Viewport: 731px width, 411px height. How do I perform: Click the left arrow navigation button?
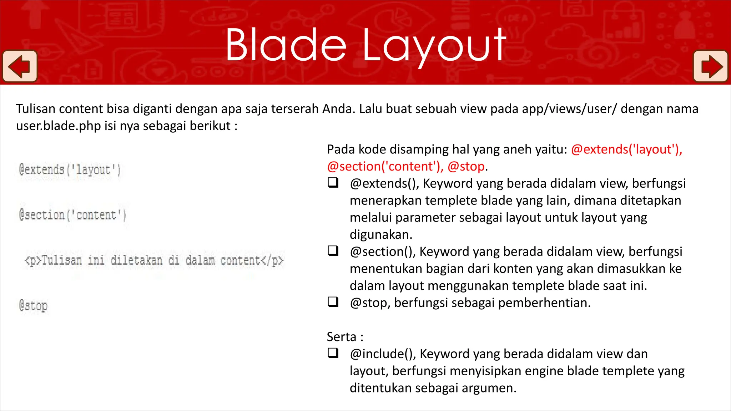(20, 66)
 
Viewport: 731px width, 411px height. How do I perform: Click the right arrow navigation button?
(710, 66)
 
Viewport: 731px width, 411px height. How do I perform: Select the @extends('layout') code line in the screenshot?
(70, 170)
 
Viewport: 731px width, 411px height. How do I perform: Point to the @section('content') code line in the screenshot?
(73, 215)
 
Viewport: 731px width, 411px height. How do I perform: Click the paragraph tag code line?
(154, 260)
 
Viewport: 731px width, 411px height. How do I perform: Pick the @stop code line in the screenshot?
(33, 306)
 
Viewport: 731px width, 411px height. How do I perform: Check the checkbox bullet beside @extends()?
(333, 183)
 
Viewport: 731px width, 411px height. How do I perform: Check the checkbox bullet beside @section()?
(333, 251)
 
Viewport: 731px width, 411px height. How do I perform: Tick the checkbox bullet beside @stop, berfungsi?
(333, 302)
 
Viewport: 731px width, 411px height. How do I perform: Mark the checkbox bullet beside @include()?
(333, 353)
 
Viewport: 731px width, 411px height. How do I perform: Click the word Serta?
(342, 337)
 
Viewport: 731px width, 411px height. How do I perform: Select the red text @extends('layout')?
(626, 149)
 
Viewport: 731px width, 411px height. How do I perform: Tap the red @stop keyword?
(466, 167)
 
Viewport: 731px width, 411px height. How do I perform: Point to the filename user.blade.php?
(59, 126)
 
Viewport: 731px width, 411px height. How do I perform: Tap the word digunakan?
(381, 235)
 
